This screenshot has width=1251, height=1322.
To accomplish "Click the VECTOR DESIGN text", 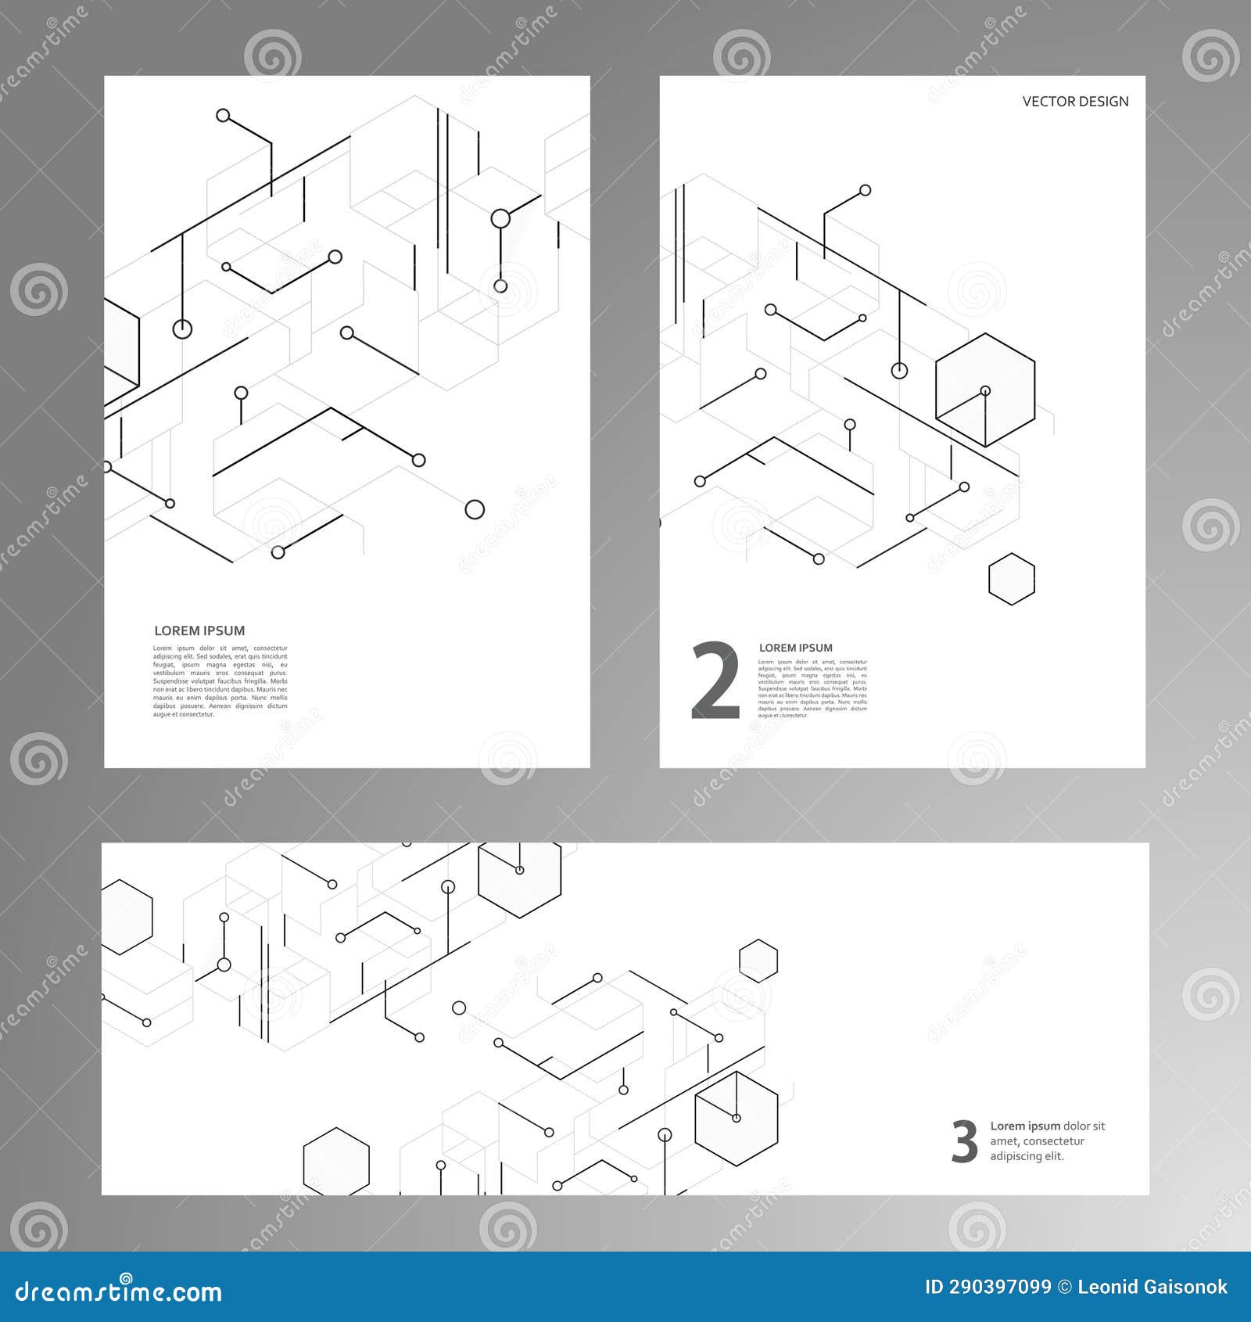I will (x=1075, y=102).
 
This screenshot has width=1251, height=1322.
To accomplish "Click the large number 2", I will (x=715, y=681).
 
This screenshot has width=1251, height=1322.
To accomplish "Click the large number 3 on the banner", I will (x=964, y=1142).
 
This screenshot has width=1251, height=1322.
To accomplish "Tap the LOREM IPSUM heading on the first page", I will (x=199, y=630).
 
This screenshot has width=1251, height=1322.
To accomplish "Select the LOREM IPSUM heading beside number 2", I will (x=795, y=648).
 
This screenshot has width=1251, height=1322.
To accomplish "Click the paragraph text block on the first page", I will (x=220, y=681).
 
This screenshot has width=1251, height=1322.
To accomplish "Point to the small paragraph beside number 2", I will (x=812, y=688).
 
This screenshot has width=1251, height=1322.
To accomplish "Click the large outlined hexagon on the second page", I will (x=985, y=390).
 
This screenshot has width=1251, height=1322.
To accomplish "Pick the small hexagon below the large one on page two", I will (x=1011, y=579).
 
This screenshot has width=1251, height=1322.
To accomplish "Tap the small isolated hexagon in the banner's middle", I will (x=758, y=961).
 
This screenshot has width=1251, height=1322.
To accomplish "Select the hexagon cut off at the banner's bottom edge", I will (x=336, y=1162).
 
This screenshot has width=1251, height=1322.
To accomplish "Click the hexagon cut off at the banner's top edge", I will (x=520, y=875).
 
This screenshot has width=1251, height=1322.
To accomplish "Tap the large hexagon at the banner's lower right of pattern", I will (x=736, y=1119).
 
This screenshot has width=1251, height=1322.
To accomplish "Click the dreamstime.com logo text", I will (x=119, y=1291).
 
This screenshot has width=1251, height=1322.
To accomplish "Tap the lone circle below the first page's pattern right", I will (x=475, y=510).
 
